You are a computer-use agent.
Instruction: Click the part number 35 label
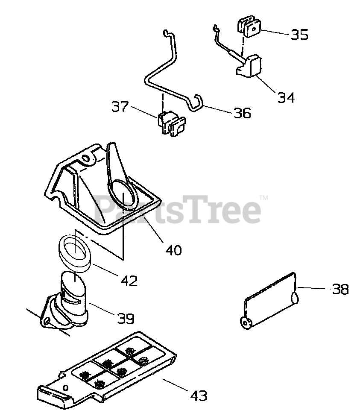point(299,35)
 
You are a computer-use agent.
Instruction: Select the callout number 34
point(286,97)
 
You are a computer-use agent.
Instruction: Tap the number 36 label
point(242,113)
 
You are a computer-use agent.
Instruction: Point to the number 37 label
point(120,106)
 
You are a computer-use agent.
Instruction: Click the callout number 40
point(173,249)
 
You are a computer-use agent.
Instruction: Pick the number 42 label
point(129,281)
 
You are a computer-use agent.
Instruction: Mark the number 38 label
point(340,290)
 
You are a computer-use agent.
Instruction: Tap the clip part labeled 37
point(171,125)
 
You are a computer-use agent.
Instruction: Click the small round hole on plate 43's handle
point(66,387)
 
